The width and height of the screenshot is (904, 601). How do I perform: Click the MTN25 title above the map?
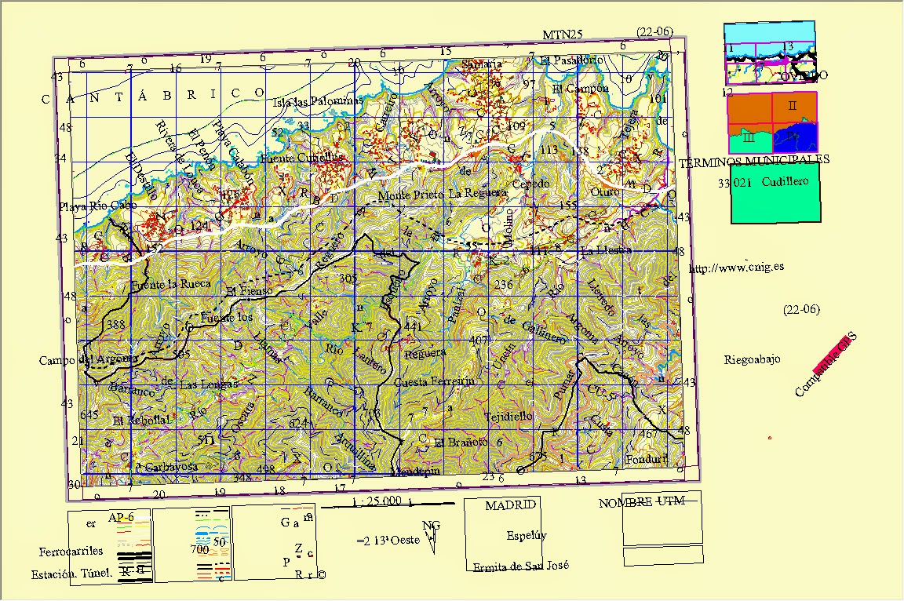(563, 35)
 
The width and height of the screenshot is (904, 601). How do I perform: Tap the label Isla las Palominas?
(318, 102)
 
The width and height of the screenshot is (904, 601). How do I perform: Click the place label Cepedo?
(530, 184)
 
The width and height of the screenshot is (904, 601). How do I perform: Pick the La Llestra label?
(606, 250)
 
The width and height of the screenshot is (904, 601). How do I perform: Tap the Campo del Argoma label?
(89, 360)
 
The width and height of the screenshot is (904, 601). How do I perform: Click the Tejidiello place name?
(508, 416)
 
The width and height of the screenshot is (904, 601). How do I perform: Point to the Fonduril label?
(647, 459)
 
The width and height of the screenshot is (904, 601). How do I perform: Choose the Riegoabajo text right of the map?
(752, 359)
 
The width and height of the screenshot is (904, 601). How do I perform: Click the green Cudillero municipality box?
(775, 198)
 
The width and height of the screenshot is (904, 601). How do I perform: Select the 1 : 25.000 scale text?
(377, 501)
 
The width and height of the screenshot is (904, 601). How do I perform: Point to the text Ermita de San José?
(520, 566)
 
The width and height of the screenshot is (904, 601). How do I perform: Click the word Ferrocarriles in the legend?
(71, 551)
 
